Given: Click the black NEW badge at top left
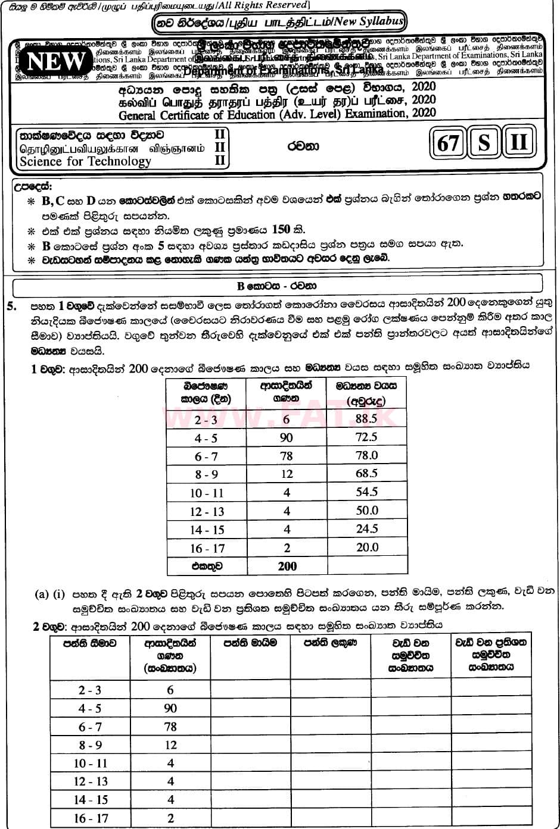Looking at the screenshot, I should (x=56, y=61).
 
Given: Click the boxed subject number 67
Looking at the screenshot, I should (x=447, y=144).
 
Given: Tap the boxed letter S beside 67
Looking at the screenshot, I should (x=484, y=144).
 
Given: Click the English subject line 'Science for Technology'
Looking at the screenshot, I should (x=85, y=161).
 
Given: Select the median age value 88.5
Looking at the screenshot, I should (x=366, y=419).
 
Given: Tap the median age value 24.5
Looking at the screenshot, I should (x=366, y=528).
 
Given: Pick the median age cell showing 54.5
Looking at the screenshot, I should (x=366, y=492).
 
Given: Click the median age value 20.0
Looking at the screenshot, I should (x=366, y=547).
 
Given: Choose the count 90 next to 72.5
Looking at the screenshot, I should (x=286, y=438).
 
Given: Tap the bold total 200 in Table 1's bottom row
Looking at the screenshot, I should (x=287, y=566).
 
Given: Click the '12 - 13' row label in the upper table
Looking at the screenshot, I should (x=207, y=511).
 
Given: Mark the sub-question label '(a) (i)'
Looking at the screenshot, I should (x=49, y=594).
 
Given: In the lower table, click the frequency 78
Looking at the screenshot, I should (x=170, y=727).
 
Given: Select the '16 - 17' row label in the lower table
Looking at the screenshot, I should (x=91, y=818).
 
